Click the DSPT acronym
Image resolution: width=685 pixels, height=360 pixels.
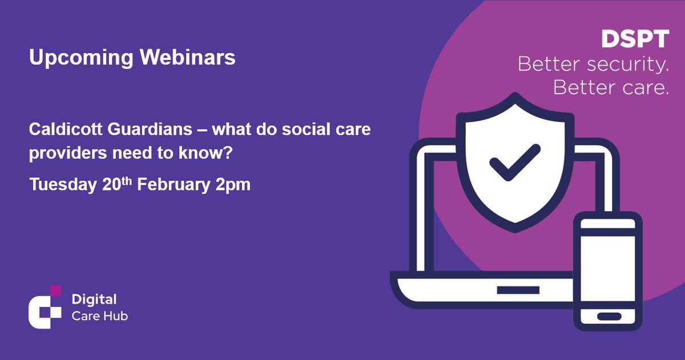pos(635,39)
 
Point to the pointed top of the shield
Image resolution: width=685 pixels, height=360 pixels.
pos(514,96)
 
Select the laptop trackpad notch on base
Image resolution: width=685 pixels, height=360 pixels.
pos(518,290)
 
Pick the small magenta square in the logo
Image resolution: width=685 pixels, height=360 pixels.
pos(55,290)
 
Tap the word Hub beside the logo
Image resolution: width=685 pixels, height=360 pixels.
pos(118,315)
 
